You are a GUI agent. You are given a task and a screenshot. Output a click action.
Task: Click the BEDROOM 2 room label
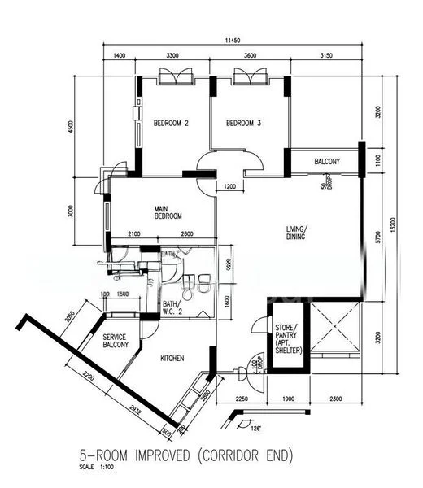[x=171, y=124]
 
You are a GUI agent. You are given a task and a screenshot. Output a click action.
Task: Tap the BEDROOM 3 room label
[x=243, y=124]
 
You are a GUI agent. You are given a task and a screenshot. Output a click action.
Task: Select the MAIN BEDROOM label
[x=168, y=212]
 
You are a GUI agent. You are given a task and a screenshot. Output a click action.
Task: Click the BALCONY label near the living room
[x=327, y=162]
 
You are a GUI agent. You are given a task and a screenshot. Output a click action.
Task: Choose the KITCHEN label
[x=172, y=358]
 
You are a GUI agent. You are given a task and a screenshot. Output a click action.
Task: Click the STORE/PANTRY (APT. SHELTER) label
[x=289, y=338]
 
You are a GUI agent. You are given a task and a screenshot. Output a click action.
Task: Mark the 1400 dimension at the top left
[x=120, y=55]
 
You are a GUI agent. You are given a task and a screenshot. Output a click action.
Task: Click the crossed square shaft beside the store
[x=335, y=333]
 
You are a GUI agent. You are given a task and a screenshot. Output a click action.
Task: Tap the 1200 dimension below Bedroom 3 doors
[x=229, y=187]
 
